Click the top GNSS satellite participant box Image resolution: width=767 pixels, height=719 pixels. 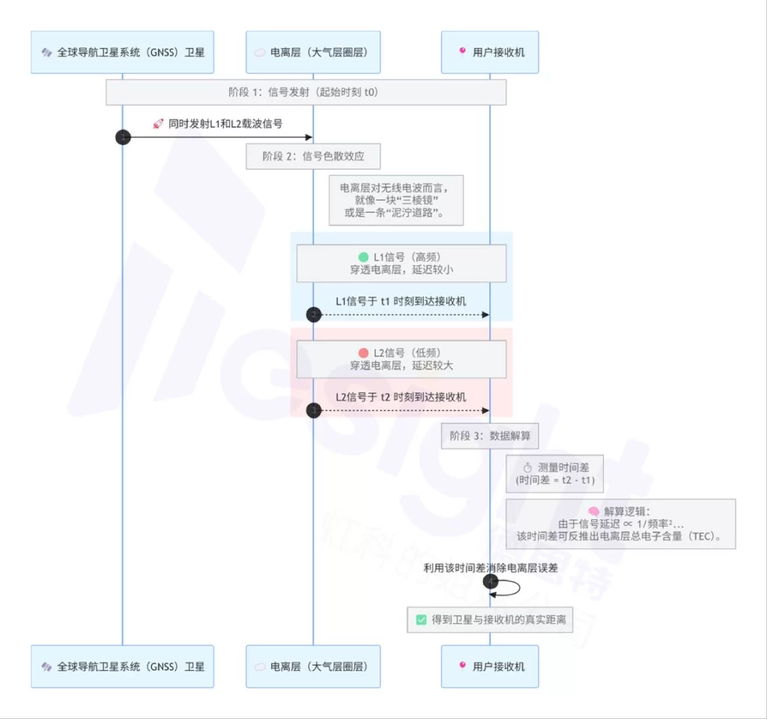pyautogui.click(x=122, y=52)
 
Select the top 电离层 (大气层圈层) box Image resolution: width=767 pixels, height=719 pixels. pyautogui.click(x=313, y=52)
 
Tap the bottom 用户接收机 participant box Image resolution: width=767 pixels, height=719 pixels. pyautogui.click(x=490, y=667)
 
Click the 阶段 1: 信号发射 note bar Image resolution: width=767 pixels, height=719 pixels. pyautogui.click(x=306, y=92)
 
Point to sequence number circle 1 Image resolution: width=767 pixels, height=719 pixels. pyautogui.click(x=123, y=137)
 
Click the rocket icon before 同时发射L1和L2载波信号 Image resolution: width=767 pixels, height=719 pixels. pyautogui.click(x=157, y=124)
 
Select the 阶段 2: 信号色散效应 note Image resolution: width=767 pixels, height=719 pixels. pyautogui.click(x=313, y=157)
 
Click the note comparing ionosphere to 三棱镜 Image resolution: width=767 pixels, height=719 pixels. pyautogui.click(x=397, y=200)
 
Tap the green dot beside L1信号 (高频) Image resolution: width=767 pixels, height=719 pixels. pyautogui.click(x=364, y=257)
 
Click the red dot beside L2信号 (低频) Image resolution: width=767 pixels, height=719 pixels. pyautogui.click(x=364, y=353)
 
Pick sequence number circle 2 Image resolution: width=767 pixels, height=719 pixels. pyautogui.click(x=314, y=315)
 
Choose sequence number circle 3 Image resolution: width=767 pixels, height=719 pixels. pyautogui.click(x=314, y=410)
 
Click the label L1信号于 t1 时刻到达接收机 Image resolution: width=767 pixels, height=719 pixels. pyautogui.click(x=401, y=301)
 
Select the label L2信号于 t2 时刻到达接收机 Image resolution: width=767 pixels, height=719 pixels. pyautogui.click(x=401, y=397)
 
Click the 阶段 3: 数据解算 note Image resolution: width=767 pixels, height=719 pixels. pyautogui.click(x=490, y=435)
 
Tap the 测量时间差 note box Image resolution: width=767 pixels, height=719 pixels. pyautogui.click(x=554, y=473)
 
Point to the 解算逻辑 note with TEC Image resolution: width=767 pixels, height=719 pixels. pyautogui.click(x=620, y=524)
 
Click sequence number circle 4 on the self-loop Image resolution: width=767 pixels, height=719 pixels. pyautogui.click(x=491, y=581)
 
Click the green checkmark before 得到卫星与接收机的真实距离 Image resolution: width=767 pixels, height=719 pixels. pyautogui.click(x=421, y=620)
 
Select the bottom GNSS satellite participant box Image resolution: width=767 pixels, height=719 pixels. pyautogui.click(x=122, y=667)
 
